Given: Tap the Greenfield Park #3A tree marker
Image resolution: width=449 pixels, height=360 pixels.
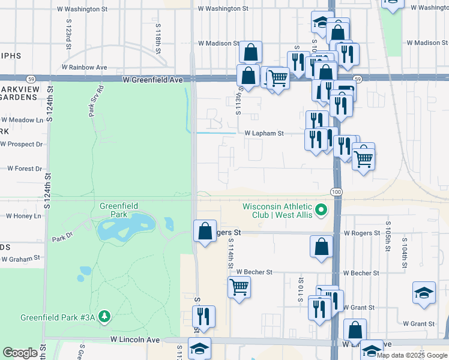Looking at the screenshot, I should tap(105, 316).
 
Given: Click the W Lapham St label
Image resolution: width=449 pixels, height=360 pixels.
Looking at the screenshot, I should tap(264, 133).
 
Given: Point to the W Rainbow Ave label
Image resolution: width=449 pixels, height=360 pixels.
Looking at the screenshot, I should tap(88, 67).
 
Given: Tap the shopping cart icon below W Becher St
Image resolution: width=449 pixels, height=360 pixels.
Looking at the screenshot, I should tap(239, 288).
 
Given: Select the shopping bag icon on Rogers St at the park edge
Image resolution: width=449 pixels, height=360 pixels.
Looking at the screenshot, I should tap(205, 231).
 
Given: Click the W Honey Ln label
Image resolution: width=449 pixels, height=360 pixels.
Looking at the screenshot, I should tap(23, 216).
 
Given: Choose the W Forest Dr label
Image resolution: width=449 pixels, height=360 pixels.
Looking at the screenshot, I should tap(24, 169).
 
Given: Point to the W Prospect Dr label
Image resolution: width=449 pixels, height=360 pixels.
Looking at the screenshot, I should tap(22, 144).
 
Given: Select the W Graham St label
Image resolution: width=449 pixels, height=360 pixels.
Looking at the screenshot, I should tap(20, 259).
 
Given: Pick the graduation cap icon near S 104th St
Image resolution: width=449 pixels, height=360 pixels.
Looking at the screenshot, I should tap(424, 293).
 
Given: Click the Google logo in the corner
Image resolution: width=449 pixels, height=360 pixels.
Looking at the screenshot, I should tap(20, 353).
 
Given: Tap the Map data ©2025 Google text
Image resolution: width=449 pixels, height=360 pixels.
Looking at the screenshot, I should tap(412, 355).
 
